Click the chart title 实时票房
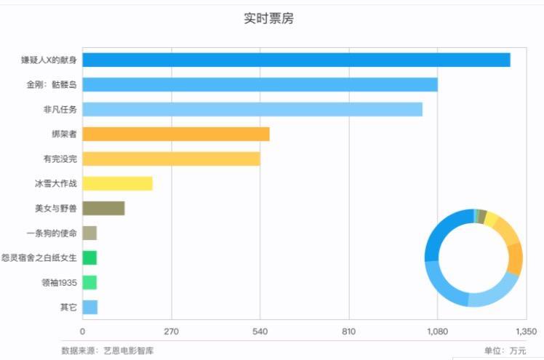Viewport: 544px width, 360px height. (x=268, y=18)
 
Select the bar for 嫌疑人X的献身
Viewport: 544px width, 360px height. (x=296, y=60)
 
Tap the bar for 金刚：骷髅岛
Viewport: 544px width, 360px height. (x=260, y=84)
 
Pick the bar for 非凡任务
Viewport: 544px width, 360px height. (x=252, y=109)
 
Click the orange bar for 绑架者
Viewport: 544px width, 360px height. (x=175, y=134)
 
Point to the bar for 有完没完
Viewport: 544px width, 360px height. (x=171, y=159)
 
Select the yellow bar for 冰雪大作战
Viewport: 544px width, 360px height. (x=117, y=183)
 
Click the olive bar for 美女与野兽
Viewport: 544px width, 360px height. (x=103, y=208)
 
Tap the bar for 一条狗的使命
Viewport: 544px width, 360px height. (x=89, y=233)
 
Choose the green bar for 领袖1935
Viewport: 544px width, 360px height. (x=89, y=282)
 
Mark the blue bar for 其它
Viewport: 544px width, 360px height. (x=89, y=307)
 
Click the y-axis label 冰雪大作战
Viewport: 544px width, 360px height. (x=55, y=183)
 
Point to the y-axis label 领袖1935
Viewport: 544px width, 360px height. (x=59, y=282)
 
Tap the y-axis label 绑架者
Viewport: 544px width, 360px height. (x=64, y=134)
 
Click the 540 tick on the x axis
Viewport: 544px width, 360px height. (x=260, y=332)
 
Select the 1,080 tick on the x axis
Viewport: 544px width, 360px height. (x=437, y=332)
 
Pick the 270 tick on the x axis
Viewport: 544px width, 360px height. (x=171, y=332)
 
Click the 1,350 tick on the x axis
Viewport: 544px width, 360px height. (x=525, y=332)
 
